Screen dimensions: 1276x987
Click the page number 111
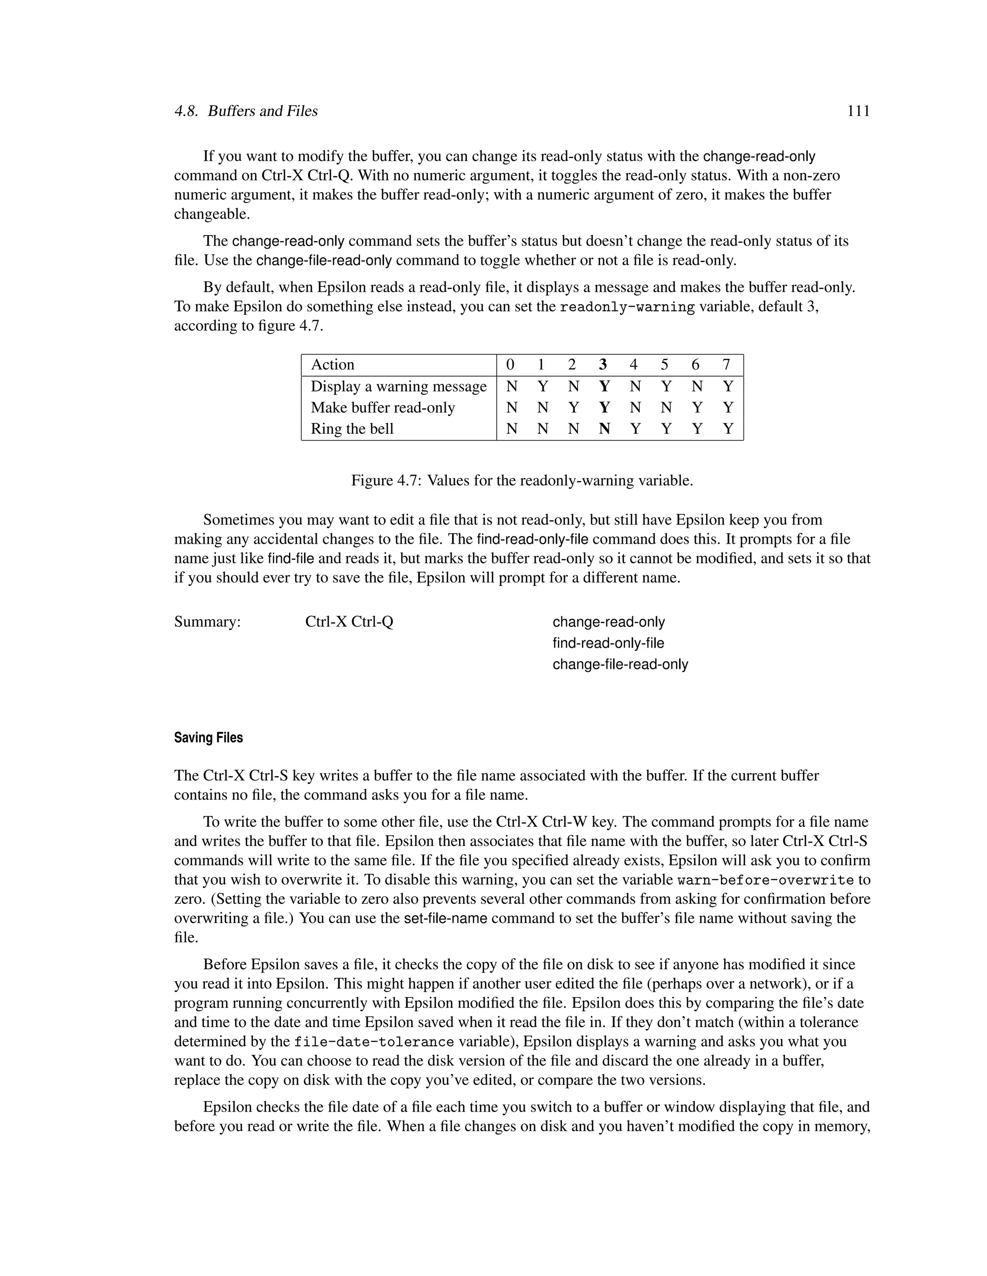click(858, 111)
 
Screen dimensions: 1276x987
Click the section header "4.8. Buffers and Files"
click(246, 111)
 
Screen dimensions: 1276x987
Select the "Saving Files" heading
click(208, 738)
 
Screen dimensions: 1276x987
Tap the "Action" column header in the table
click(332, 365)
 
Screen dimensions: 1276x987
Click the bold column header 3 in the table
click(603, 365)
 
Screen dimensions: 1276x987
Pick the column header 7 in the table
click(726, 365)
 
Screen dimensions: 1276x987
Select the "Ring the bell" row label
click(352, 429)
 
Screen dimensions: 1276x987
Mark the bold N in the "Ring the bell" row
click(604, 429)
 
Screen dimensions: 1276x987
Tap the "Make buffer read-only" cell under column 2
click(573, 408)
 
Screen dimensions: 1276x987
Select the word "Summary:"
click(207, 622)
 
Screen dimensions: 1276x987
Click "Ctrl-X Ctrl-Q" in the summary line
click(349, 622)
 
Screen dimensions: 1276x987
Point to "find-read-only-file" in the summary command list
click(608, 643)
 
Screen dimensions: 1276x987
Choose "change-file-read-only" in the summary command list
click(620, 664)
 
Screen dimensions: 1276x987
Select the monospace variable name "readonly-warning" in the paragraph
click(627, 307)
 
